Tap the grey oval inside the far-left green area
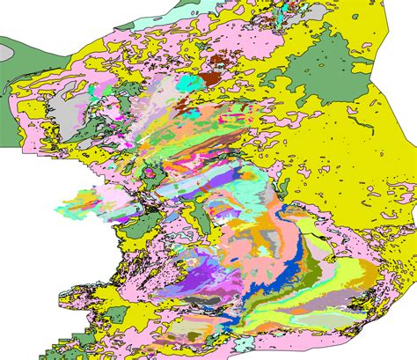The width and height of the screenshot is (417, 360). point(7,52)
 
